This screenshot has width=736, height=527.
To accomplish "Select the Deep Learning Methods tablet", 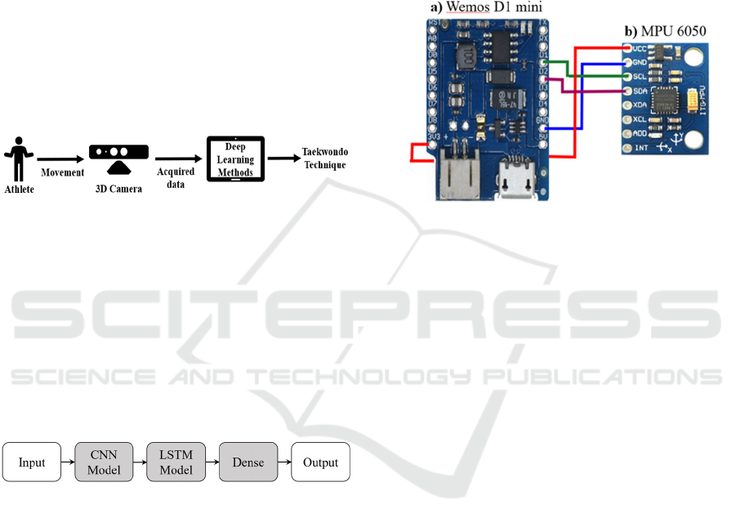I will (235, 159).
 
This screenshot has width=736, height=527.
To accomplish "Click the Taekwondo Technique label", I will (324, 159).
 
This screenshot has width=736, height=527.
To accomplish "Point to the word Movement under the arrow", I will (63, 172).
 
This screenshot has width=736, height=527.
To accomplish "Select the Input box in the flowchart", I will (32, 462).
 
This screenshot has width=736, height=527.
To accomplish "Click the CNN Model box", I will (104, 462).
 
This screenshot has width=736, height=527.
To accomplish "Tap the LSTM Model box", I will (176, 462).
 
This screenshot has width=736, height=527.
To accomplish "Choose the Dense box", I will (248, 462).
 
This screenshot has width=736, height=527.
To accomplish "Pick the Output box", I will (320, 462).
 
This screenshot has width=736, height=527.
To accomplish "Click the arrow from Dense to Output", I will (284, 462).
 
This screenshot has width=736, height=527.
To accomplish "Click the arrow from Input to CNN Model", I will (68, 462).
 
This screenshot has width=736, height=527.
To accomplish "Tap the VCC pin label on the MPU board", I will (640, 48).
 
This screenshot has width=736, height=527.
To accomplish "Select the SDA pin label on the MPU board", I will (640, 91).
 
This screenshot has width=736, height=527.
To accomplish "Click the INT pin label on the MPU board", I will (641, 148).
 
